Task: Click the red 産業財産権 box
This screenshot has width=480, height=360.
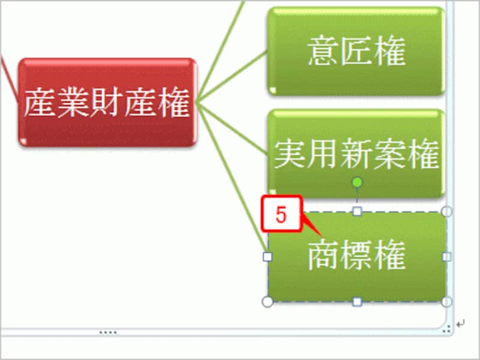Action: [107, 102]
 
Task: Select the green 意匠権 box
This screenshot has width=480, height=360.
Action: [356, 51]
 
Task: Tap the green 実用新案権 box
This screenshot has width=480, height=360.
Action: [356, 153]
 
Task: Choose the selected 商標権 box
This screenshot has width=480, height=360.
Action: [357, 257]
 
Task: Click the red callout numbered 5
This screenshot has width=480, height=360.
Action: [281, 214]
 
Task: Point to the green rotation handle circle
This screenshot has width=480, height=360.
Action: [357, 182]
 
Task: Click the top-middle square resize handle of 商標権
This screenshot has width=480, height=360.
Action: [357, 211]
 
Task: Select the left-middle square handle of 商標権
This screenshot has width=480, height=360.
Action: [268, 257]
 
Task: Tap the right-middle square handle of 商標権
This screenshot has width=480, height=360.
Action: [447, 257]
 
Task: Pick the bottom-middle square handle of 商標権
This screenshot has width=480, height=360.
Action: [357, 302]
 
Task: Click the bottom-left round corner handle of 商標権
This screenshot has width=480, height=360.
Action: [268, 302]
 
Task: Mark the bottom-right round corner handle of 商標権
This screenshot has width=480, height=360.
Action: [447, 302]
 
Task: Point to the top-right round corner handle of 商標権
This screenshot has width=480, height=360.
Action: [447, 211]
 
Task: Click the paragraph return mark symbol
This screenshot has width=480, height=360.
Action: [460, 323]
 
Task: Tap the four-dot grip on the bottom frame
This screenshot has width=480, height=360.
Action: [108, 332]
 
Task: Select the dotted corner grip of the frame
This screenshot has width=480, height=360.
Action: [446, 329]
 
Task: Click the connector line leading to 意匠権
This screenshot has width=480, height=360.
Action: [232, 77]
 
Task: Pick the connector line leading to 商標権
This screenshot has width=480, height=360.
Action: [232, 177]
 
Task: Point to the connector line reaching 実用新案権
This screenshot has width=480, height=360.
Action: [232, 128]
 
